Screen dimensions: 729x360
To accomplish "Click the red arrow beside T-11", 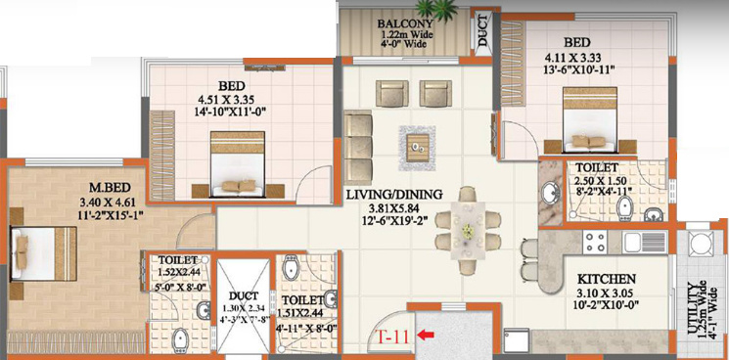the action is coord(427,334).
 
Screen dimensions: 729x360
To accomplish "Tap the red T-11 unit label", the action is coord(394,336).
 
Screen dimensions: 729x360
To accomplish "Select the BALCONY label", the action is coord(405,23).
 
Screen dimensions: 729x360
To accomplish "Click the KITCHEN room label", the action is coord(607,279).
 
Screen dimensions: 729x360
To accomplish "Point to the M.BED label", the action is coord(111,188).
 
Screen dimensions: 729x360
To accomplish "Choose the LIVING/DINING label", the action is coord(394,195).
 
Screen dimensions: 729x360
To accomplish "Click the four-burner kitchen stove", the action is coord(595,242).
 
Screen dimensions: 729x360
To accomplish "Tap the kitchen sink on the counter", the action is coord(645,242).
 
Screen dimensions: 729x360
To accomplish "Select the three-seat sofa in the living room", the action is coord(358,149).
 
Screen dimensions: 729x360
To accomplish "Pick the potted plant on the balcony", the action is coord(436,9).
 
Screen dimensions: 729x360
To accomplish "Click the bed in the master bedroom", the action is coord(44,253).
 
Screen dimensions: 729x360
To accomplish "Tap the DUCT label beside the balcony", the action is coord(483,30).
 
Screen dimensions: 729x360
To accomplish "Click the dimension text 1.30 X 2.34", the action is coord(244,308).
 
